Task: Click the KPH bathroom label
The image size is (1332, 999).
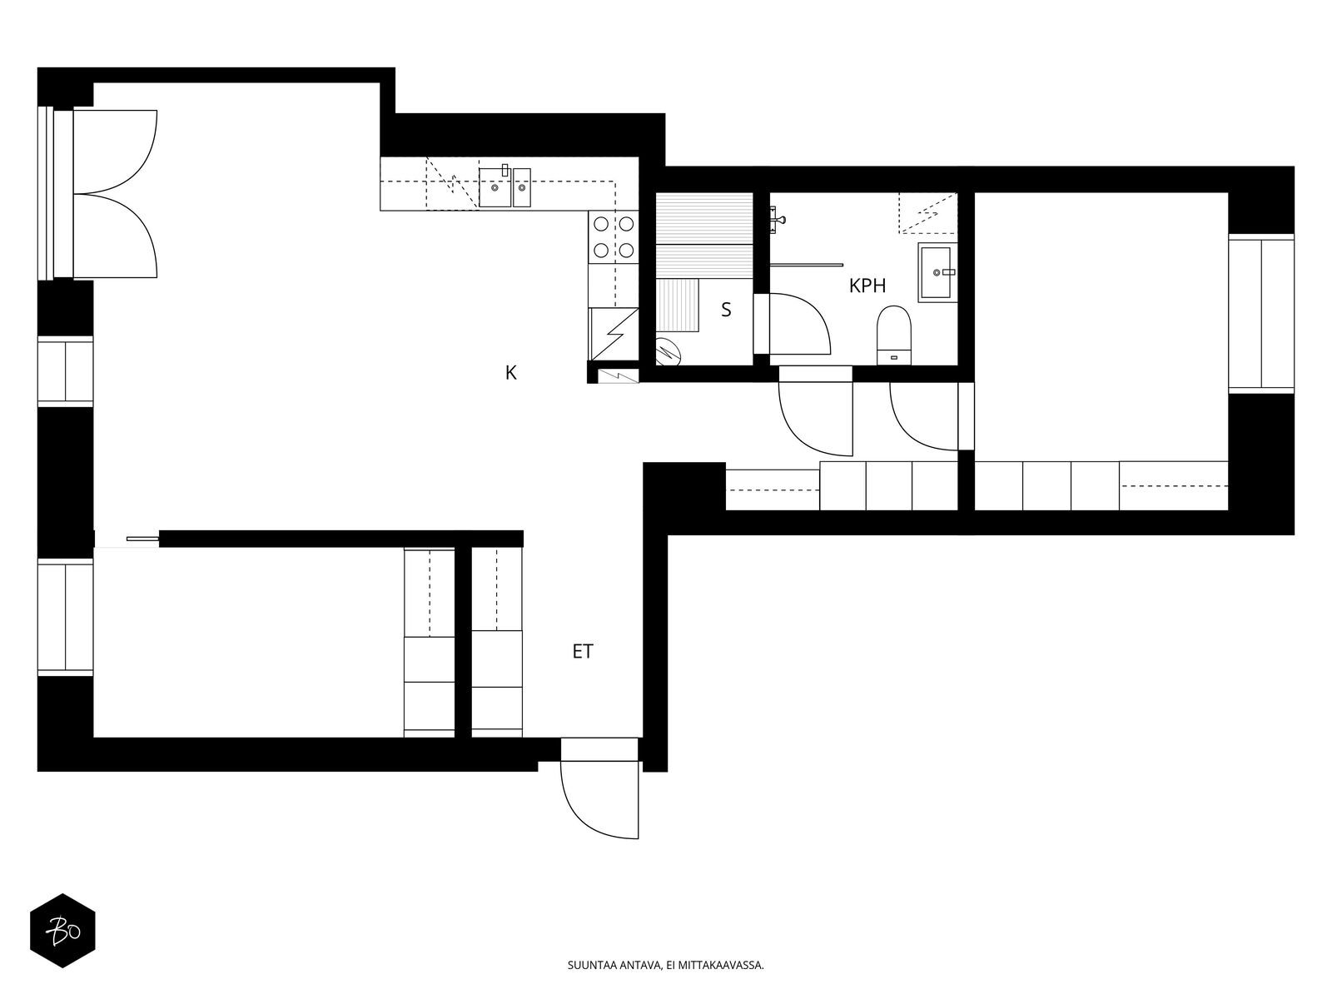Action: point(867,285)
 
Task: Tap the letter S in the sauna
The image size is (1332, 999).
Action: point(726,310)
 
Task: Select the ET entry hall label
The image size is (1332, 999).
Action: point(583,651)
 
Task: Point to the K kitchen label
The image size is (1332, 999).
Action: point(511,372)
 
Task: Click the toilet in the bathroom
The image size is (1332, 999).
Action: point(894,335)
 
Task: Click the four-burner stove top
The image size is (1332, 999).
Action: point(614,236)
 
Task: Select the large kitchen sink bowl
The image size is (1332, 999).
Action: point(495,187)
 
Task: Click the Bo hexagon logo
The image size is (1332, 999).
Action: point(63,931)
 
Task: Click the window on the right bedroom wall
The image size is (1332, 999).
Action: point(1261,314)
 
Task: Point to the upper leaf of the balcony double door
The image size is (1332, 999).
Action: point(115,151)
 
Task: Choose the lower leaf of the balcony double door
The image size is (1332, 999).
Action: point(115,236)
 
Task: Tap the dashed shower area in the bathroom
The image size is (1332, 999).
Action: point(928,213)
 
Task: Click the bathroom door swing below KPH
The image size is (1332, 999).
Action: point(816,419)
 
